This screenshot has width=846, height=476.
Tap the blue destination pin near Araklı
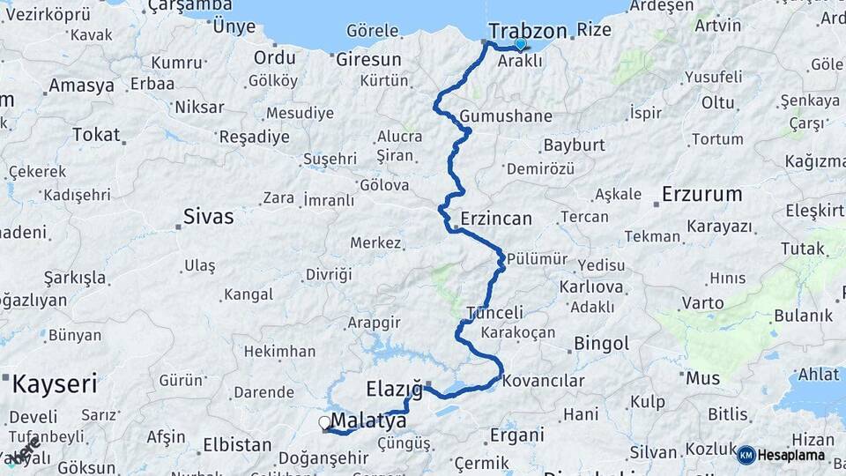(520, 44)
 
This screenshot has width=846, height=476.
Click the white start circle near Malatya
(325, 423)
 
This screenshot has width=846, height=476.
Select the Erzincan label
(496, 218)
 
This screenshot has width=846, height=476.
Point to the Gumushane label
(506, 116)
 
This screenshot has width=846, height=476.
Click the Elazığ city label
(394, 390)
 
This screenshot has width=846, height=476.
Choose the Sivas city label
(209, 216)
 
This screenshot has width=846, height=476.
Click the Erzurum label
(701, 194)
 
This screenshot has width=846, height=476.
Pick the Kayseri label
(55, 384)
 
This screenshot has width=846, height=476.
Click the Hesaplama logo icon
(746, 455)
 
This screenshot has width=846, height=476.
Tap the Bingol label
(601, 343)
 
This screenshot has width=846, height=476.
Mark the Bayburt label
(574, 145)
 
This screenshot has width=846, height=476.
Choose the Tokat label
(95, 134)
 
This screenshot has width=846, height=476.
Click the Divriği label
(328, 274)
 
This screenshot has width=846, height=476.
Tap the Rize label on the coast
(594, 31)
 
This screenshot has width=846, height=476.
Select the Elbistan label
(237, 444)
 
